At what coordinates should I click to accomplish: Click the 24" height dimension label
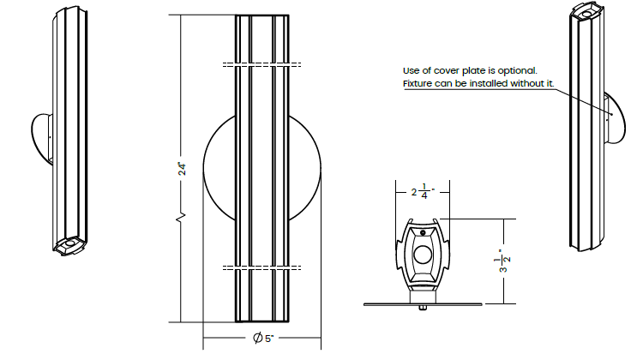pyautogui.click(x=182, y=169)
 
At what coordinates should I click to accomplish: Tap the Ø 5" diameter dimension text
pyautogui.click(x=263, y=339)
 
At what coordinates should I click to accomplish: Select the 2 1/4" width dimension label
pyautogui.click(x=423, y=191)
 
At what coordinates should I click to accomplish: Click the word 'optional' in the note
pyautogui.click(x=520, y=71)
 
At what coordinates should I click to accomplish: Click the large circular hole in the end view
pyautogui.click(x=423, y=255)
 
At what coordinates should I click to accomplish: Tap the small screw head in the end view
pyautogui.click(x=423, y=233)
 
